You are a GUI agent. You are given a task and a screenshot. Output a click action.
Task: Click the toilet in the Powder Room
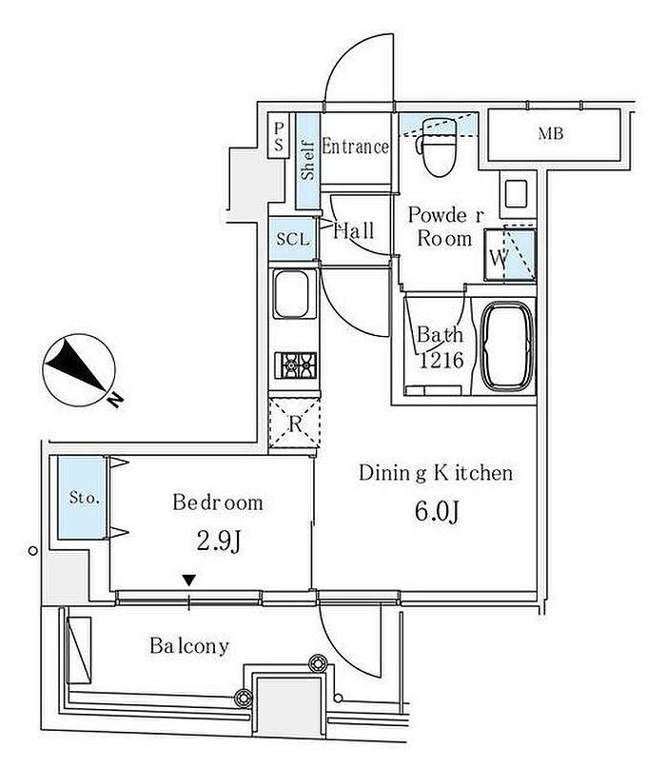pyautogui.click(x=439, y=146)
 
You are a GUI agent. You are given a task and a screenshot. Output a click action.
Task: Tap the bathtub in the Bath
pyautogui.click(x=507, y=346)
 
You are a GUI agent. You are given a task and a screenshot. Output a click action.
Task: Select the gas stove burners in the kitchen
pyautogui.click(x=295, y=364)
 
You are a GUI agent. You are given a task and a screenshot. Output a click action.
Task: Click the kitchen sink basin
pyautogui.click(x=292, y=294)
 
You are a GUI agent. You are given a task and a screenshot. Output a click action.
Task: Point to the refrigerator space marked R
pyautogui.click(x=294, y=423)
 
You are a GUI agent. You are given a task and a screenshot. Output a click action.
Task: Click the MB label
pyautogui.click(x=551, y=133)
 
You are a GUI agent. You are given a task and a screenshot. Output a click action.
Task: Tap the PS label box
pyautogui.click(x=279, y=136)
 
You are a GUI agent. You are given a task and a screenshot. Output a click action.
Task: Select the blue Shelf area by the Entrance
pyautogui.click(x=307, y=161)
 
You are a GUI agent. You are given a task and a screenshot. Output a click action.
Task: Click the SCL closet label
pyautogui.click(x=293, y=239)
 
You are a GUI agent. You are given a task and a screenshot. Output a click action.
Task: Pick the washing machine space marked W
pyautogui.click(x=510, y=255)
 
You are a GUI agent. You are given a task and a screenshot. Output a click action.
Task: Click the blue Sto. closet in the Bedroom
pyautogui.click(x=82, y=498)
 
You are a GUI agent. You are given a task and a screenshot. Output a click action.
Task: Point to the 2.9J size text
pyautogui.click(x=219, y=542)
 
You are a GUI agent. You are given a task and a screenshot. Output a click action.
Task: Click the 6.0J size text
pyautogui.click(x=437, y=511)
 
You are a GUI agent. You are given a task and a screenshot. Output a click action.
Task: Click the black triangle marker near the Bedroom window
pyautogui.click(x=189, y=581)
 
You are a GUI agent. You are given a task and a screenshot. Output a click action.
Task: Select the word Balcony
pyautogui.click(x=189, y=646)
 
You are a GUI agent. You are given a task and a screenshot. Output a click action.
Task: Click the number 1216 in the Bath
pyautogui.click(x=441, y=361)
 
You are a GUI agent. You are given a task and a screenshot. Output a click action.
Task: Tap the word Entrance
pyautogui.click(x=356, y=146)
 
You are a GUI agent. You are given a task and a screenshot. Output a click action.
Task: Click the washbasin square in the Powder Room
pyautogui.click(x=516, y=193)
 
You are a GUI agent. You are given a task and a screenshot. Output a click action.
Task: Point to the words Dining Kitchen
pyautogui.click(x=436, y=473)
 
